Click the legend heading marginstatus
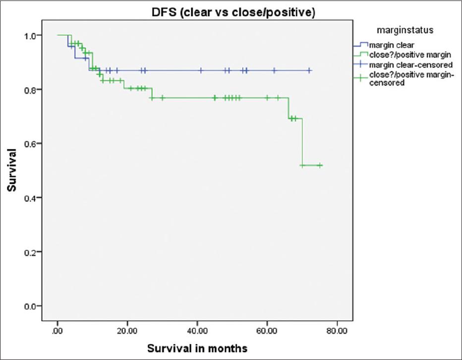click(404, 30)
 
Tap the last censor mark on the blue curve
click(309, 70)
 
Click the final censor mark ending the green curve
click(320, 165)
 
